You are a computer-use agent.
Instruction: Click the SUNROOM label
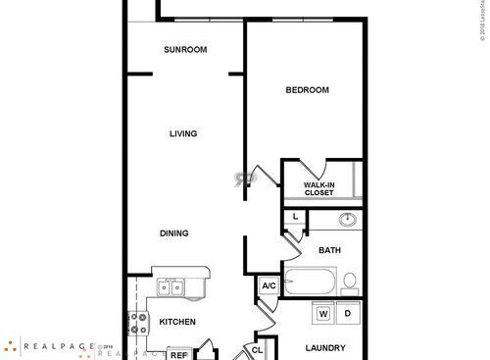pos(184,50)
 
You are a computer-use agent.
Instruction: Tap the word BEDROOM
pos(307,90)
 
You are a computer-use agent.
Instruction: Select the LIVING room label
pos(182,133)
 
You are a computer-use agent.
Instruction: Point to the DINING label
pos(174,233)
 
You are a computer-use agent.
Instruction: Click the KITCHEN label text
pos(177,322)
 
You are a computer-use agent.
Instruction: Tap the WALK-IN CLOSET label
pos(318,188)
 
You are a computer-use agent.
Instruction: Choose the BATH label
pos(329,250)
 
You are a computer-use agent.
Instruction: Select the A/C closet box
pos(269,286)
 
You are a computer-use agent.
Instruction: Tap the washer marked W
pos(322,315)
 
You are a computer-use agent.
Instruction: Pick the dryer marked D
pos(346,315)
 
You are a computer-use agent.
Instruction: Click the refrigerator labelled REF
pos(178,355)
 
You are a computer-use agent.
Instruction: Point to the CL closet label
pos(257,348)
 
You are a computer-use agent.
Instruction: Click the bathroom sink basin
pos(346,220)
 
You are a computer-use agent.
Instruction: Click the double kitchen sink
pos(171,287)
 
